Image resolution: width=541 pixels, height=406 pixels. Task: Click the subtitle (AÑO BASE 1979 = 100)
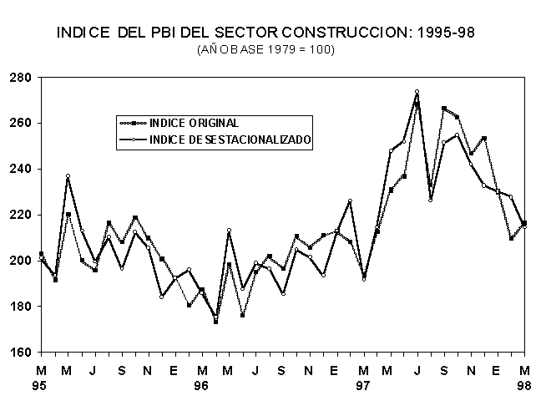[265, 50]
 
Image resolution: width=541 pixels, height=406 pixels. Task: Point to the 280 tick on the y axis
[20, 78]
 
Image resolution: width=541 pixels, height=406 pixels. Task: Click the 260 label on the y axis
[20, 124]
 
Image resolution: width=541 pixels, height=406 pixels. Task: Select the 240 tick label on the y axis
[20, 170]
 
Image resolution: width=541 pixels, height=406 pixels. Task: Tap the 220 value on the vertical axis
[20, 215]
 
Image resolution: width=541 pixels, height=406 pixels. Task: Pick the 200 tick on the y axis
[20, 261]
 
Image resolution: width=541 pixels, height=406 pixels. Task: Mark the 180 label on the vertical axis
[20, 307]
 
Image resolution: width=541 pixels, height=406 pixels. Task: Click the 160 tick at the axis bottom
[20, 352]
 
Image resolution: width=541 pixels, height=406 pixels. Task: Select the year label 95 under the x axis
[40, 387]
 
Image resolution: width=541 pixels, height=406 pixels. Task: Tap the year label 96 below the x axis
[201, 387]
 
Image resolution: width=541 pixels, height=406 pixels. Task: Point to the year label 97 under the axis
[363, 387]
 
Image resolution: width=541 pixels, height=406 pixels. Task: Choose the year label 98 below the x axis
[524, 387]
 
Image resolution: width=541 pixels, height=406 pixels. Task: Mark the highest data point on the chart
[417, 91]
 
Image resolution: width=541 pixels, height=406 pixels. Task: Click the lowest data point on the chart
[216, 322]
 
